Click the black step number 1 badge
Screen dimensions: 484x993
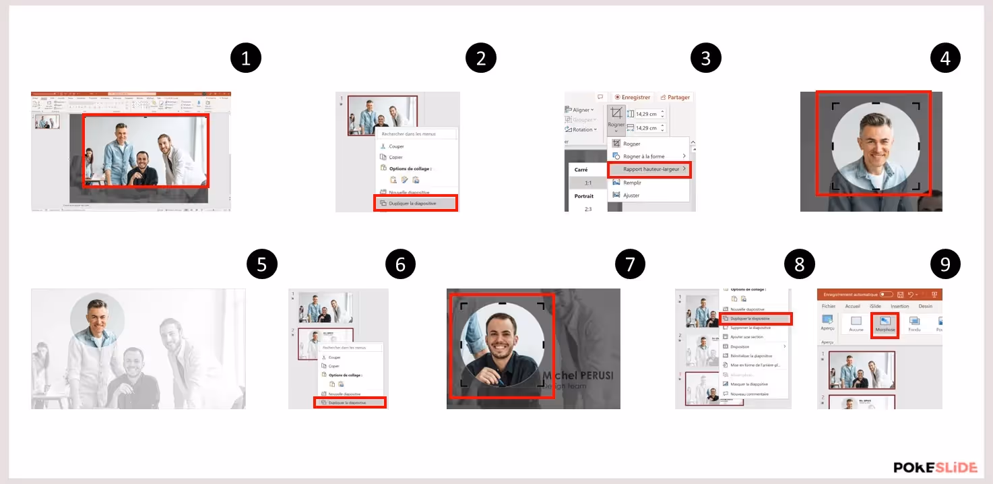(x=245, y=59)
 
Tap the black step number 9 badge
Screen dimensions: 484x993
(x=945, y=264)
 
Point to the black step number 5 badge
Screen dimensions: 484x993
(x=262, y=264)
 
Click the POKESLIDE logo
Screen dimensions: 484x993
(x=936, y=467)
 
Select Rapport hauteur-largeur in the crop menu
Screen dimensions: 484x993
(x=649, y=169)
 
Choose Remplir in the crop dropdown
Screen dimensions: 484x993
(x=632, y=183)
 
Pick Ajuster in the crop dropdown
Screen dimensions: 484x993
(x=631, y=195)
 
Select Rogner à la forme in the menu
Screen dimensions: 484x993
(x=643, y=156)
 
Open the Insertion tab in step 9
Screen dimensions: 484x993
(x=899, y=306)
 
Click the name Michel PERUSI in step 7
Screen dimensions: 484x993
(x=578, y=375)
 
